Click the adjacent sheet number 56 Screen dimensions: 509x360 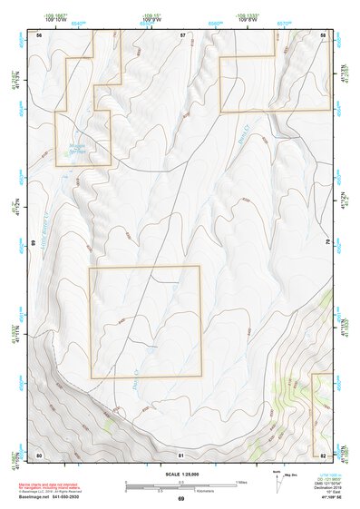[40, 34]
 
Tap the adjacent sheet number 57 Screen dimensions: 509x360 [182, 34]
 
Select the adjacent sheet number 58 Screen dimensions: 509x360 [324, 34]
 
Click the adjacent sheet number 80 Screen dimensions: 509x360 [39, 455]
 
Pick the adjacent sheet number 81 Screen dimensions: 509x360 [181, 455]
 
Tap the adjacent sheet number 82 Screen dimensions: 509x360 [324, 455]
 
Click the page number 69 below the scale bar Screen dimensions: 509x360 [181, 498]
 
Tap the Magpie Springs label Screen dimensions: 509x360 [76, 149]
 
